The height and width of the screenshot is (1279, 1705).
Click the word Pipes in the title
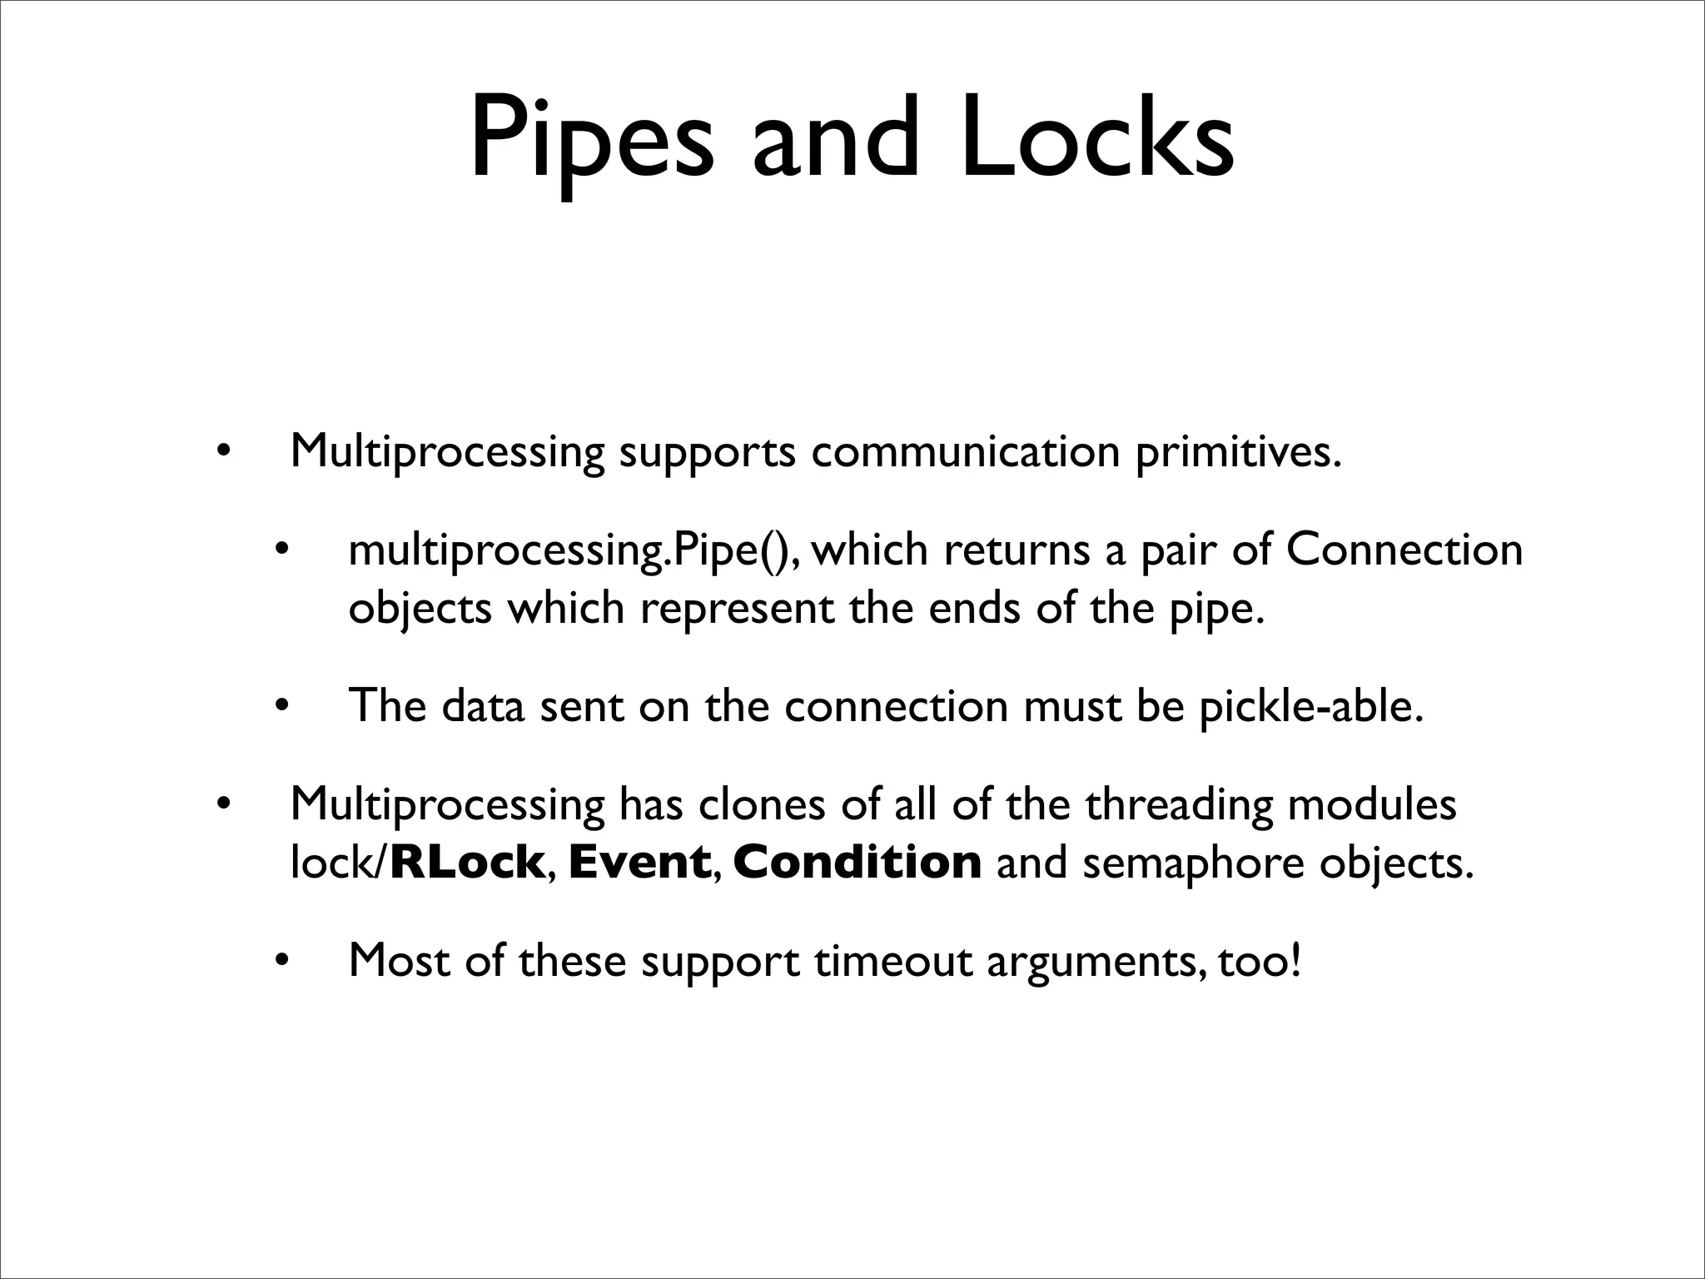[x=592, y=138]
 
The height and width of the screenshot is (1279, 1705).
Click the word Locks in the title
[x=1097, y=138]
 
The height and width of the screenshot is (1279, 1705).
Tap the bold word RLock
[x=467, y=862]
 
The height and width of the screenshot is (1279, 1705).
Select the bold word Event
[x=639, y=862]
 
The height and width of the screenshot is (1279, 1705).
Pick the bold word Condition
[x=857, y=862]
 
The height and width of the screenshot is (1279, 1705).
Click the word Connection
[x=1404, y=550]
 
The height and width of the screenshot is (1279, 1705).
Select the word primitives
[x=1239, y=453]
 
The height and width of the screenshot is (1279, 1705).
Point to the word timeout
[x=893, y=961]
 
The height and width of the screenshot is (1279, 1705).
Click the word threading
[x=1180, y=806]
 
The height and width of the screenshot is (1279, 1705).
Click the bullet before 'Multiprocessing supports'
[x=221, y=454]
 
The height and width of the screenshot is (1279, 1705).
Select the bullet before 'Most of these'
[x=281, y=963]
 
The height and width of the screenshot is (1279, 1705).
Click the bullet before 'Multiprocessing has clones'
[x=221, y=806]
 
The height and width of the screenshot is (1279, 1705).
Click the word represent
[x=738, y=610]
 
